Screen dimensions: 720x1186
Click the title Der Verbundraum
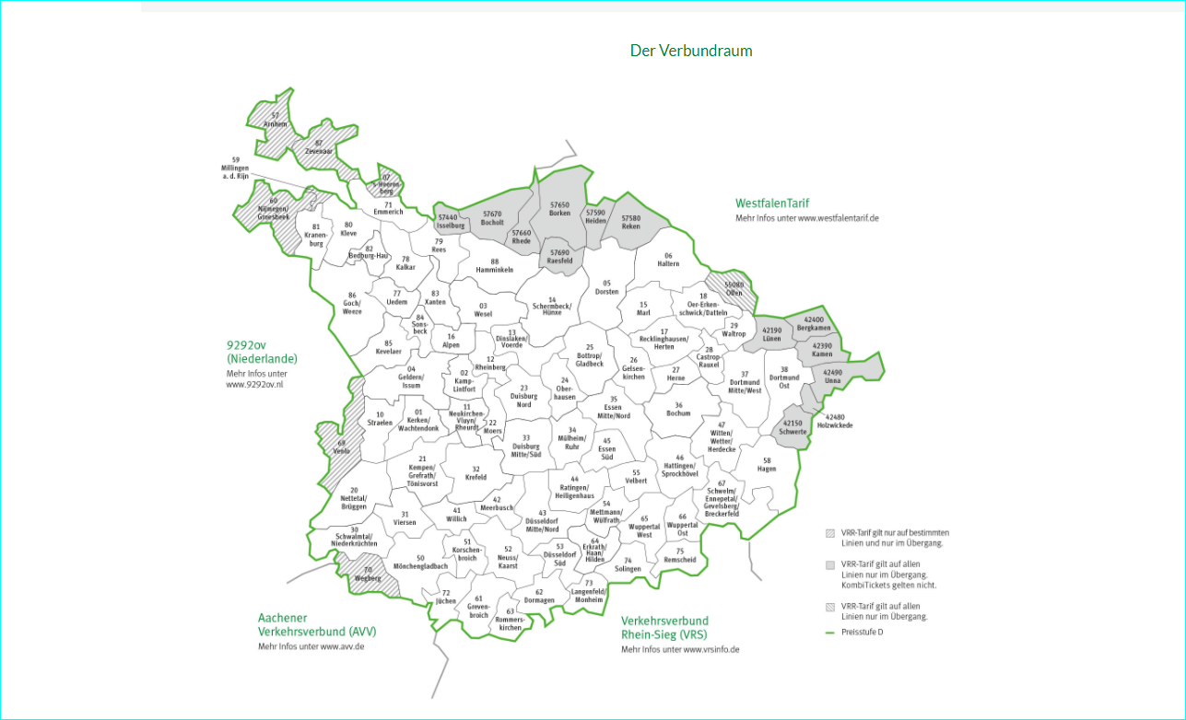pos(690,51)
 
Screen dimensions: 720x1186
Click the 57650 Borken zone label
pos(559,209)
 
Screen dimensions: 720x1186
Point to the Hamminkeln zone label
pos(494,266)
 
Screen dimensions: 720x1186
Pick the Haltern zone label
pos(668,260)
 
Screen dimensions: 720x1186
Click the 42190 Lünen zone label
pos(771,335)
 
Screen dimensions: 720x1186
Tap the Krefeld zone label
pos(476,473)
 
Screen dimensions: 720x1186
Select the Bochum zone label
pos(678,410)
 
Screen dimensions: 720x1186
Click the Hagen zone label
pos(766,464)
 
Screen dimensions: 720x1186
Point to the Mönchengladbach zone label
pos(420,563)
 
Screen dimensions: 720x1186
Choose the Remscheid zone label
pos(680,555)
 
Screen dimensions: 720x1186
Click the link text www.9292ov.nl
pos(254,385)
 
